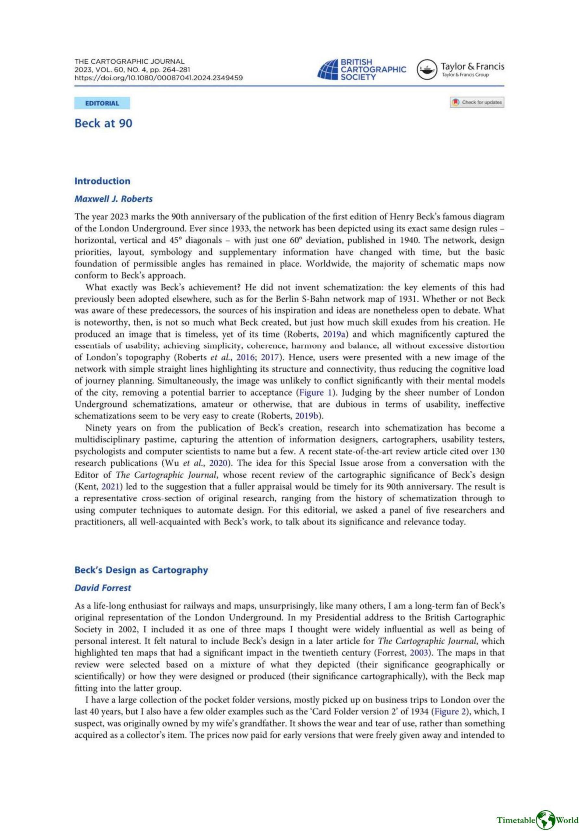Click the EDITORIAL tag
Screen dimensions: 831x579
(102, 104)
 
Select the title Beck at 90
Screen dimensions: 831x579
(103, 123)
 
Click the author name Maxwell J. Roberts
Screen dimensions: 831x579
(113, 199)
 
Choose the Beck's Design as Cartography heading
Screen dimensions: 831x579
(141, 570)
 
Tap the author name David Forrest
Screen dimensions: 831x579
(103, 588)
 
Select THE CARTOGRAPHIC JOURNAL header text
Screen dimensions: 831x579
(129, 62)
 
